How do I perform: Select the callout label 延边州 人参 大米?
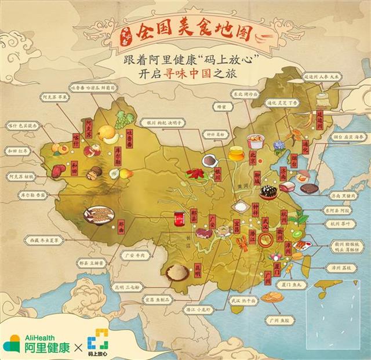(328, 75)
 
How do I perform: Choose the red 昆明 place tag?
(197, 268)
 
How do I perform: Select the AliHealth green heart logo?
(12, 343)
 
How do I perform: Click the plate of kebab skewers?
(99, 215)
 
